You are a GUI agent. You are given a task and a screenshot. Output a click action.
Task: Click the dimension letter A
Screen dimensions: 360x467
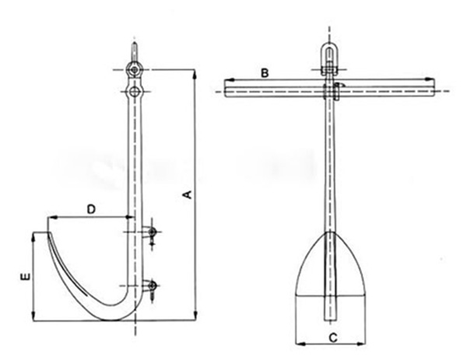[x=186, y=196]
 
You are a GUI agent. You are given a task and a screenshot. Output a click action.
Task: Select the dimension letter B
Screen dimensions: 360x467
[x=265, y=72]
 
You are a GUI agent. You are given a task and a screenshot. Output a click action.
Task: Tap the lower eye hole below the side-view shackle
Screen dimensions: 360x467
[x=136, y=93]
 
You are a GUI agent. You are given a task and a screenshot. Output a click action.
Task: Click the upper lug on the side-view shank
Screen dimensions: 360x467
[x=152, y=232]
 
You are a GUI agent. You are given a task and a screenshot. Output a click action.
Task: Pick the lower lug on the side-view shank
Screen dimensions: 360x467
[x=153, y=286]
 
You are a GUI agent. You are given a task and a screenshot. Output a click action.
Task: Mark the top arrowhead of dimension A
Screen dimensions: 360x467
[x=195, y=72]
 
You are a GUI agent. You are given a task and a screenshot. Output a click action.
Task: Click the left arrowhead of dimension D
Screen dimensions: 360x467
[x=50, y=216]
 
